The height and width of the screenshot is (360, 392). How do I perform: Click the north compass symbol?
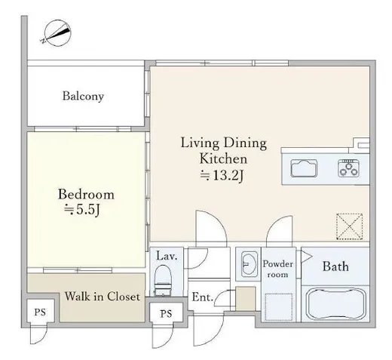tap(57, 33)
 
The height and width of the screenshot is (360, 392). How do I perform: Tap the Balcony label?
tap(83, 96)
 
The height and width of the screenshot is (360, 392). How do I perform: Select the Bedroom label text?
tap(86, 194)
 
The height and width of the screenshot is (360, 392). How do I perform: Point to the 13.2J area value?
tap(222, 175)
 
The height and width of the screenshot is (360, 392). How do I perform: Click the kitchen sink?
tap(304, 168)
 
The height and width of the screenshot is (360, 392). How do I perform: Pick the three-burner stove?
tap(348, 168)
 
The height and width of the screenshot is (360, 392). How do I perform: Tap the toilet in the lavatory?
tap(163, 280)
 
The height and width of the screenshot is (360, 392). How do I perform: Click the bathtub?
tap(337, 304)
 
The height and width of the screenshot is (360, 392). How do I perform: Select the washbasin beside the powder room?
tap(249, 264)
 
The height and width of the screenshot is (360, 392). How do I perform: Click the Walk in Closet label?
tap(103, 297)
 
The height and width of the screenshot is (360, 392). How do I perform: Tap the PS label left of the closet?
tap(40, 312)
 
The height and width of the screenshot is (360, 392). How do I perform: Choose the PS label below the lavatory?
tap(166, 314)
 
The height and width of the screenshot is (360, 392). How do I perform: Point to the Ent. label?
tap(203, 297)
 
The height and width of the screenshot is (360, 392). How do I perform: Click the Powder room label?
tap(277, 269)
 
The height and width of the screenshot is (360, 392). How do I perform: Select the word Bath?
tap(335, 266)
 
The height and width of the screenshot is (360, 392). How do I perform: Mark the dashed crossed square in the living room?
tap(349, 226)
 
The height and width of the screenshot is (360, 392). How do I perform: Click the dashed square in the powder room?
tap(279, 306)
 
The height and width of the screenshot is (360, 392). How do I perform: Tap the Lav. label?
tap(167, 256)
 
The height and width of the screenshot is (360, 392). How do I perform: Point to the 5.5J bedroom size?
tap(82, 210)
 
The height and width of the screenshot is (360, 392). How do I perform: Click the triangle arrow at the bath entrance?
tap(306, 257)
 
